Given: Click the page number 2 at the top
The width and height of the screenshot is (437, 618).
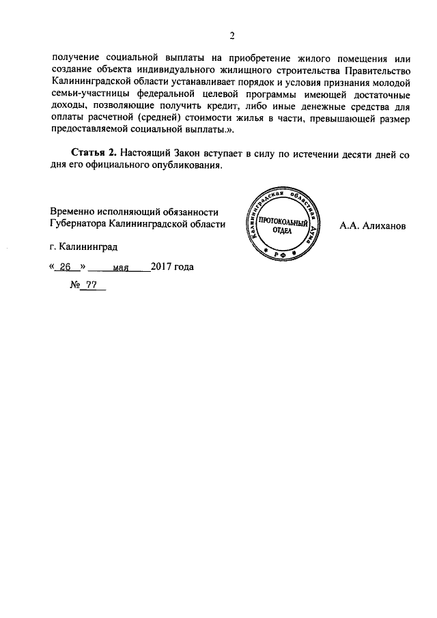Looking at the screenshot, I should [x=231, y=36].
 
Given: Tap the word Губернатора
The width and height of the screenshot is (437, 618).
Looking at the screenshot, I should [x=82, y=224].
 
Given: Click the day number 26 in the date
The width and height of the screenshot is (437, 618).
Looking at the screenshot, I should [x=66, y=267].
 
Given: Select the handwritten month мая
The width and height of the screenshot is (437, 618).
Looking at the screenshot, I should [x=122, y=268].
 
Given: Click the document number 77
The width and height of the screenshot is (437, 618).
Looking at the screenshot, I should [x=92, y=286].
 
